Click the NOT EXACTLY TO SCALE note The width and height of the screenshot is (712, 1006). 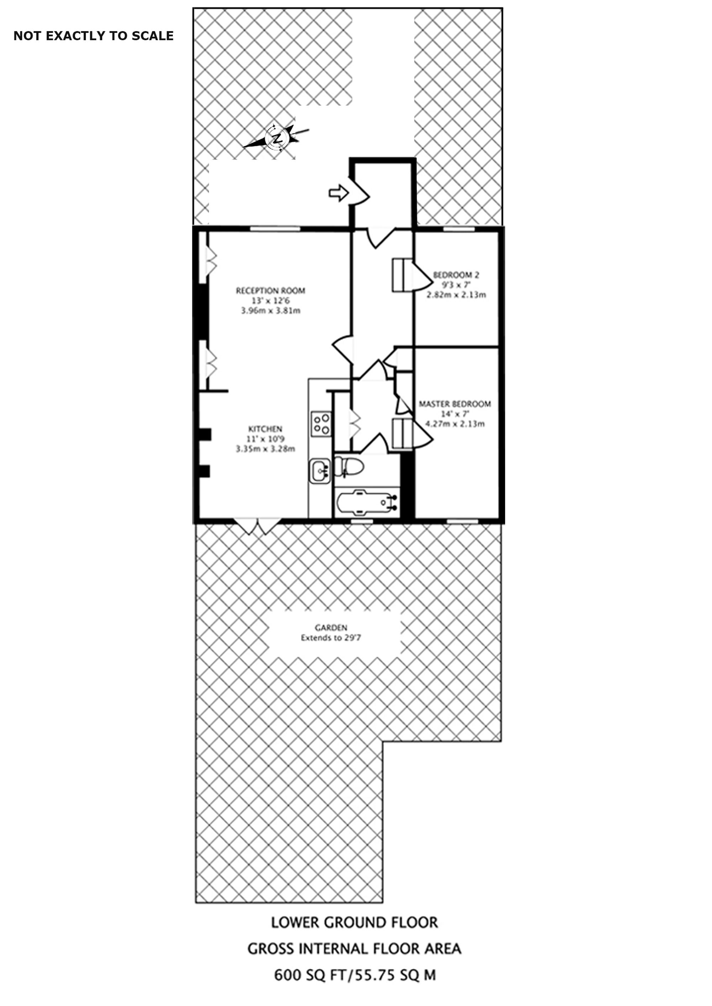pyautogui.click(x=93, y=36)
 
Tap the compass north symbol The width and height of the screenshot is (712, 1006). pyautogui.click(x=277, y=138)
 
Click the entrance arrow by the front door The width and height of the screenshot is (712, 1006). pyautogui.click(x=338, y=193)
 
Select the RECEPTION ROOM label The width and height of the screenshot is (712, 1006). pyautogui.click(x=270, y=291)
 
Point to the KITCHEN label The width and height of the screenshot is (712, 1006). pyautogui.click(x=265, y=429)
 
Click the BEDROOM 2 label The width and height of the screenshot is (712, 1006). pyautogui.click(x=456, y=275)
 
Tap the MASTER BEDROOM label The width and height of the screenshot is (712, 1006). pyautogui.click(x=455, y=404)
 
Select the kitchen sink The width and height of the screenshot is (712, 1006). pyautogui.click(x=320, y=471)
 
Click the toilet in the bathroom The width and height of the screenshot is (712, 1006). pyautogui.click(x=350, y=467)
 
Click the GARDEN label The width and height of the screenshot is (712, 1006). pyautogui.click(x=331, y=628)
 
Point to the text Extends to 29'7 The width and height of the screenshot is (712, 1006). pyautogui.click(x=331, y=638)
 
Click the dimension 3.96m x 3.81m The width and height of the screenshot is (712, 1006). pyautogui.click(x=271, y=311)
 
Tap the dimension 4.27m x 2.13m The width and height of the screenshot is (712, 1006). pyautogui.click(x=455, y=424)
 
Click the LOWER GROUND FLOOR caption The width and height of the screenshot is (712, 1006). pyautogui.click(x=354, y=922)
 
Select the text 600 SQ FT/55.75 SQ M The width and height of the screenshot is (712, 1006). pyautogui.click(x=355, y=975)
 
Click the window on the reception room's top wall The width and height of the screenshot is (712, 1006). pyautogui.click(x=275, y=229)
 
